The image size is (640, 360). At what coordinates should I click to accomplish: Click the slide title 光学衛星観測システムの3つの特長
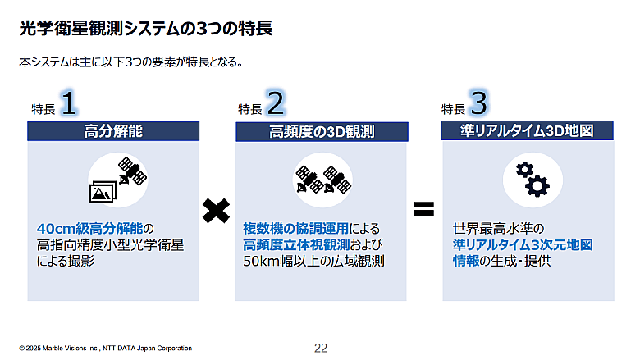click(145, 29)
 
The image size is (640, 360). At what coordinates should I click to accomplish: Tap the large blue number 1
click(69, 103)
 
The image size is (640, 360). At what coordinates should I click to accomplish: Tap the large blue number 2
click(276, 103)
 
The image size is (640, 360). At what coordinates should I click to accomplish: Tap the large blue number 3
click(479, 103)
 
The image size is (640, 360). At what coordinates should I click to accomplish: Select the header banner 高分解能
click(113, 131)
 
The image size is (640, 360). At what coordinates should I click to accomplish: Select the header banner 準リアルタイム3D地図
click(527, 131)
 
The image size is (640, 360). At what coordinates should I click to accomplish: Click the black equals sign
click(423, 209)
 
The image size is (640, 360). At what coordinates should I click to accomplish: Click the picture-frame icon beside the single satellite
click(104, 191)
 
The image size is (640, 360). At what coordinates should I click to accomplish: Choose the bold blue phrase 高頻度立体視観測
click(296, 244)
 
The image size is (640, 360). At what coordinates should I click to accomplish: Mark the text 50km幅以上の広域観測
click(314, 262)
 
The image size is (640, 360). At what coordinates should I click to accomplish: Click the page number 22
click(321, 349)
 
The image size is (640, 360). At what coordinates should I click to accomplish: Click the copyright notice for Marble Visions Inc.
click(105, 349)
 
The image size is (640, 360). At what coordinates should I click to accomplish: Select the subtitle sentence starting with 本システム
click(130, 62)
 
